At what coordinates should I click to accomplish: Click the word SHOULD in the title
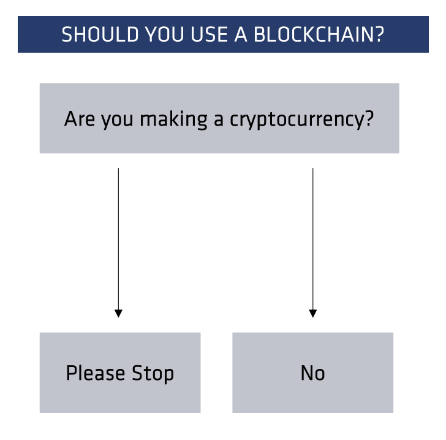pos(100,34)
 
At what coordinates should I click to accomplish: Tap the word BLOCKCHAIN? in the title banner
pos(319,34)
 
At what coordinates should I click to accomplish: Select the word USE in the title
pos(209,34)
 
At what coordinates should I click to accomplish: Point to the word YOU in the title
pos(165,34)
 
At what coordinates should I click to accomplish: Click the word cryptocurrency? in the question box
pos(301,119)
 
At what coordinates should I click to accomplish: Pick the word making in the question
pos(174,119)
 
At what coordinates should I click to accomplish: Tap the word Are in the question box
pos(80,119)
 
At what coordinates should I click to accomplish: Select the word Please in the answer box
pos(96,373)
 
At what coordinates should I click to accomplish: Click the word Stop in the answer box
pos(153,374)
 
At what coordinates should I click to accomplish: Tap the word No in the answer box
pos(312,373)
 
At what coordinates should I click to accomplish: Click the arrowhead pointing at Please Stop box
pos(118,313)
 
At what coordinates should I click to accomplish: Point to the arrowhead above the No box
pos(313,313)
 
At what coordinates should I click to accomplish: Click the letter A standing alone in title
pos(241,34)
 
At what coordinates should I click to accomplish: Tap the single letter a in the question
pos(218,120)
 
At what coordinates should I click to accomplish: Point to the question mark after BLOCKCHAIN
pos(380,34)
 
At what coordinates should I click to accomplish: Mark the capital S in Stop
pos(137,373)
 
